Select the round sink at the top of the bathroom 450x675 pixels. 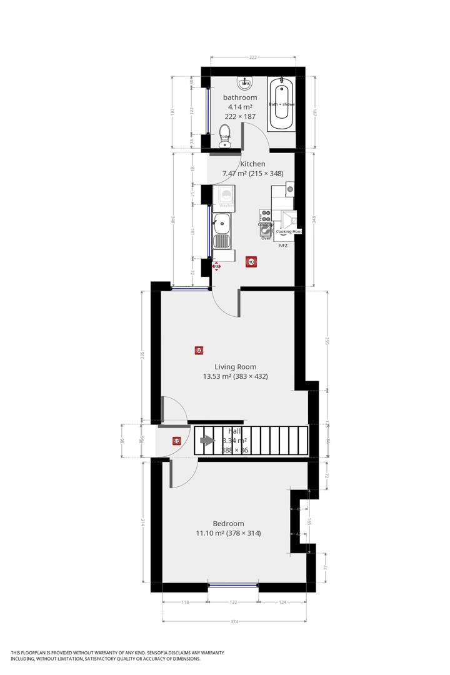(x=245, y=82)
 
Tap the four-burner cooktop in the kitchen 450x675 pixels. (x=266, y=217)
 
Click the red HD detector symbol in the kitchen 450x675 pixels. (x=251, y=262)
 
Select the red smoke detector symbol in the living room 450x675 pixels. (x=199, y=351)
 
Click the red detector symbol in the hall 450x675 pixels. (x=177, y=441)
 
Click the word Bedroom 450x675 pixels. (x=228, y=524)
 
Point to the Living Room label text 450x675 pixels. (x=235, y=367)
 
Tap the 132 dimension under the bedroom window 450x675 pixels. (x=232, y=602)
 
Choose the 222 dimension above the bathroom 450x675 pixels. (x=253, y=57)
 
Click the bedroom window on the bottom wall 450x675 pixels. (x=232, y=586)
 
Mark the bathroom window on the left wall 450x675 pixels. (x=208, y=111)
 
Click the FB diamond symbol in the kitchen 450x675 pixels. (x=217, y=267)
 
